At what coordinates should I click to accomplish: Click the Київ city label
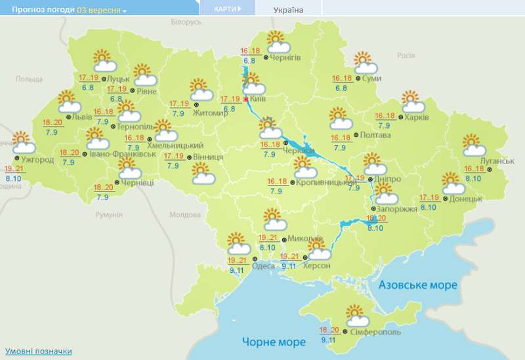[259, 99]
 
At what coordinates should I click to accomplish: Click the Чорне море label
[274, 342]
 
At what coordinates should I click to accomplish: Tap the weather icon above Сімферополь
[358, 316]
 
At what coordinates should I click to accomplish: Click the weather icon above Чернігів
[278, 43]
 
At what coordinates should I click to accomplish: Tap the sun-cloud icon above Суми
[365, 64]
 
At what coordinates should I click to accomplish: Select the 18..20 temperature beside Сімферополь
[329, 330]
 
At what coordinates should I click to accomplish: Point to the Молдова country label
[184, 214]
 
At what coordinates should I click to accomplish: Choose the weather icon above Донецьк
[453, 184]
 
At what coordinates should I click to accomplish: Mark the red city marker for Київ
[246, 99]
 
